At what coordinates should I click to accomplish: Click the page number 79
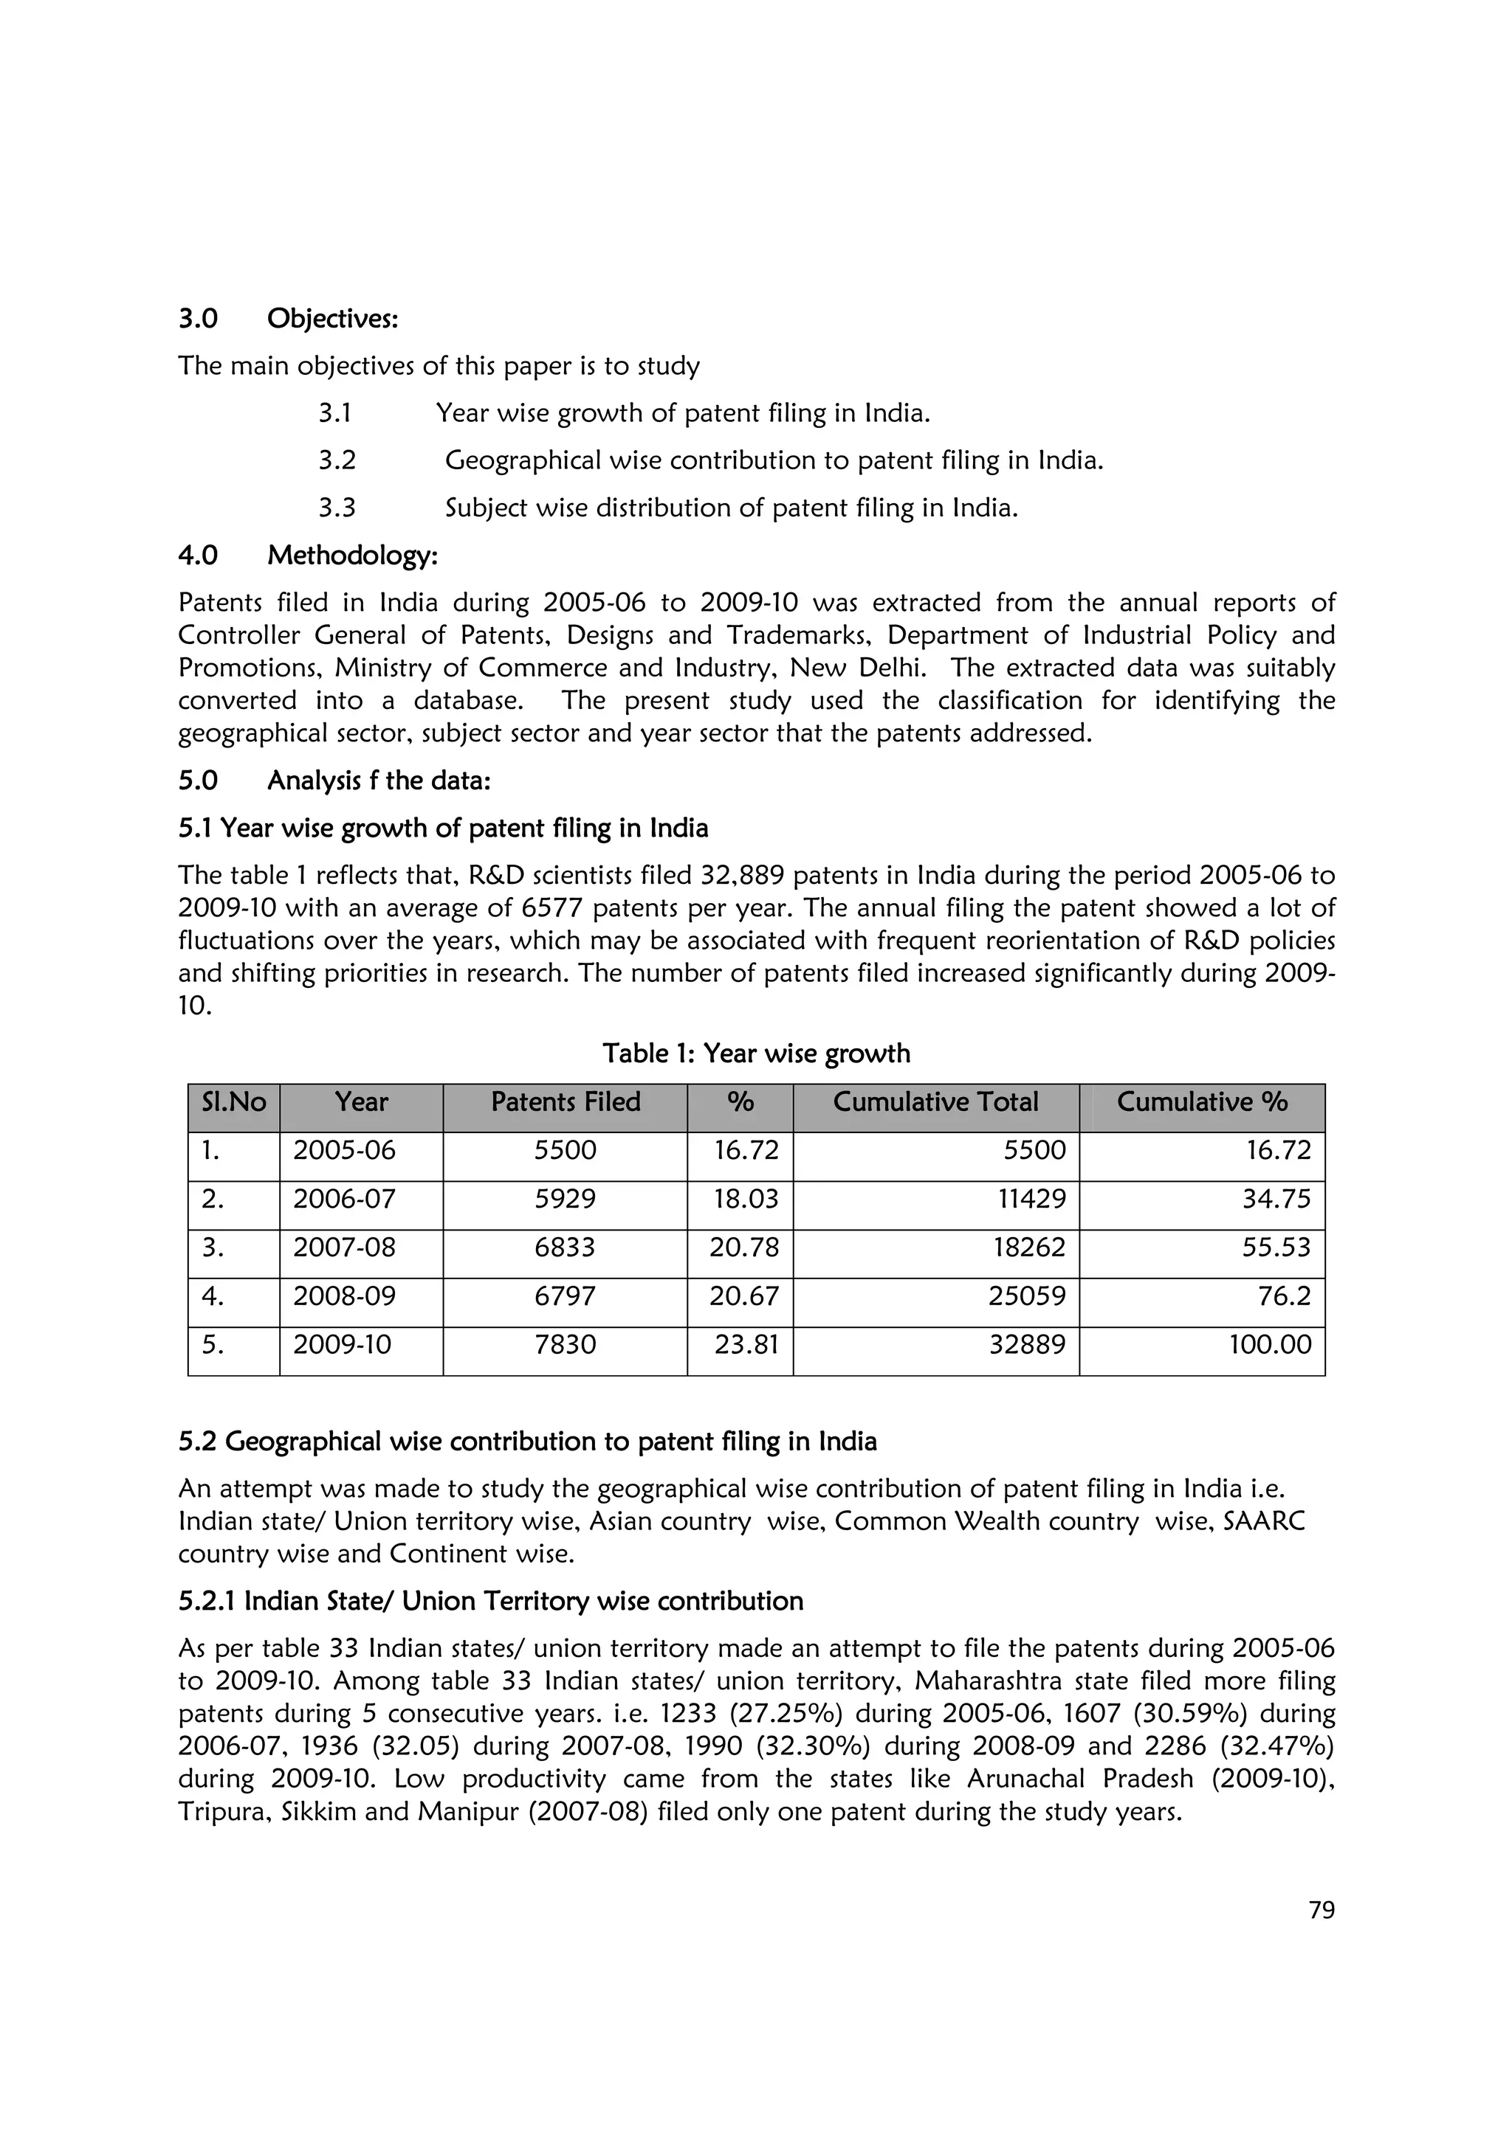[x=1321, y=1910]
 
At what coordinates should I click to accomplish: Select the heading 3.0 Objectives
[x=288, y=319]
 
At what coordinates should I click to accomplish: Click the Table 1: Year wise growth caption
[x=755, y=1054]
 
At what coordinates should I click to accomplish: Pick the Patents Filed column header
[x=566, y=1102]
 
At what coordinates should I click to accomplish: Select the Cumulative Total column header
[x=935, y=1102]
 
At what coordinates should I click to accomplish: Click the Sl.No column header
[x=234, y=1102]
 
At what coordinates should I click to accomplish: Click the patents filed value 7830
[x=565, y=1345]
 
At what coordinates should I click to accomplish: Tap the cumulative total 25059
[x=1027, y=1296]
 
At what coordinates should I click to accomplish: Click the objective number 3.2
[x=337, y=460]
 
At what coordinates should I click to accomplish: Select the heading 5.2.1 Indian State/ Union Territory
[x=490, y=1602]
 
